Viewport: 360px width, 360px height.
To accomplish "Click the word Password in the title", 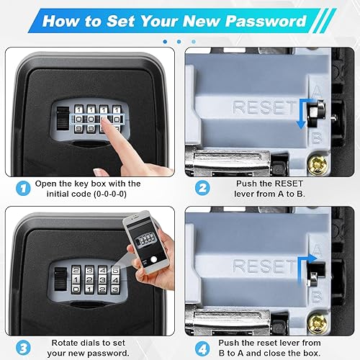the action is tap(266, 21).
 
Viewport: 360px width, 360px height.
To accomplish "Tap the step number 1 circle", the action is tap(23, 188).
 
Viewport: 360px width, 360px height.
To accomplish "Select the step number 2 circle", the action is tap(202, 188).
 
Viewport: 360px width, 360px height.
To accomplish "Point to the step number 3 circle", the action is tap(23, 348).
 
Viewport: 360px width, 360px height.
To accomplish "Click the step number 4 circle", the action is tap(202, 348).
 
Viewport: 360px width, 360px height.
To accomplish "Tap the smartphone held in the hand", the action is tap(145, 242).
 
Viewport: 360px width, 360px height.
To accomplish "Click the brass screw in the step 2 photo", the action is tap(318, 165).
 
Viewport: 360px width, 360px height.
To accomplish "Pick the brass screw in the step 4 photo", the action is tap(318, 323).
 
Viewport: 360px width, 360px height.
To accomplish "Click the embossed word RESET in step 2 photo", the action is tap(264, 107).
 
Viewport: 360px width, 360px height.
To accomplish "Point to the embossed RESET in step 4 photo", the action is tap(264, 266).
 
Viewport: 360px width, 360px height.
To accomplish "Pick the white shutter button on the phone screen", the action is tap(154, 259).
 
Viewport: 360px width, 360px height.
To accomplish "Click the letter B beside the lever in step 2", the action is tap(317, 138).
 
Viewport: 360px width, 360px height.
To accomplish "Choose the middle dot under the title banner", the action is tap(179, 42).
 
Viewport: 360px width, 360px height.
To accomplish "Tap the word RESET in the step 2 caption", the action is tap(289, 184).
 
